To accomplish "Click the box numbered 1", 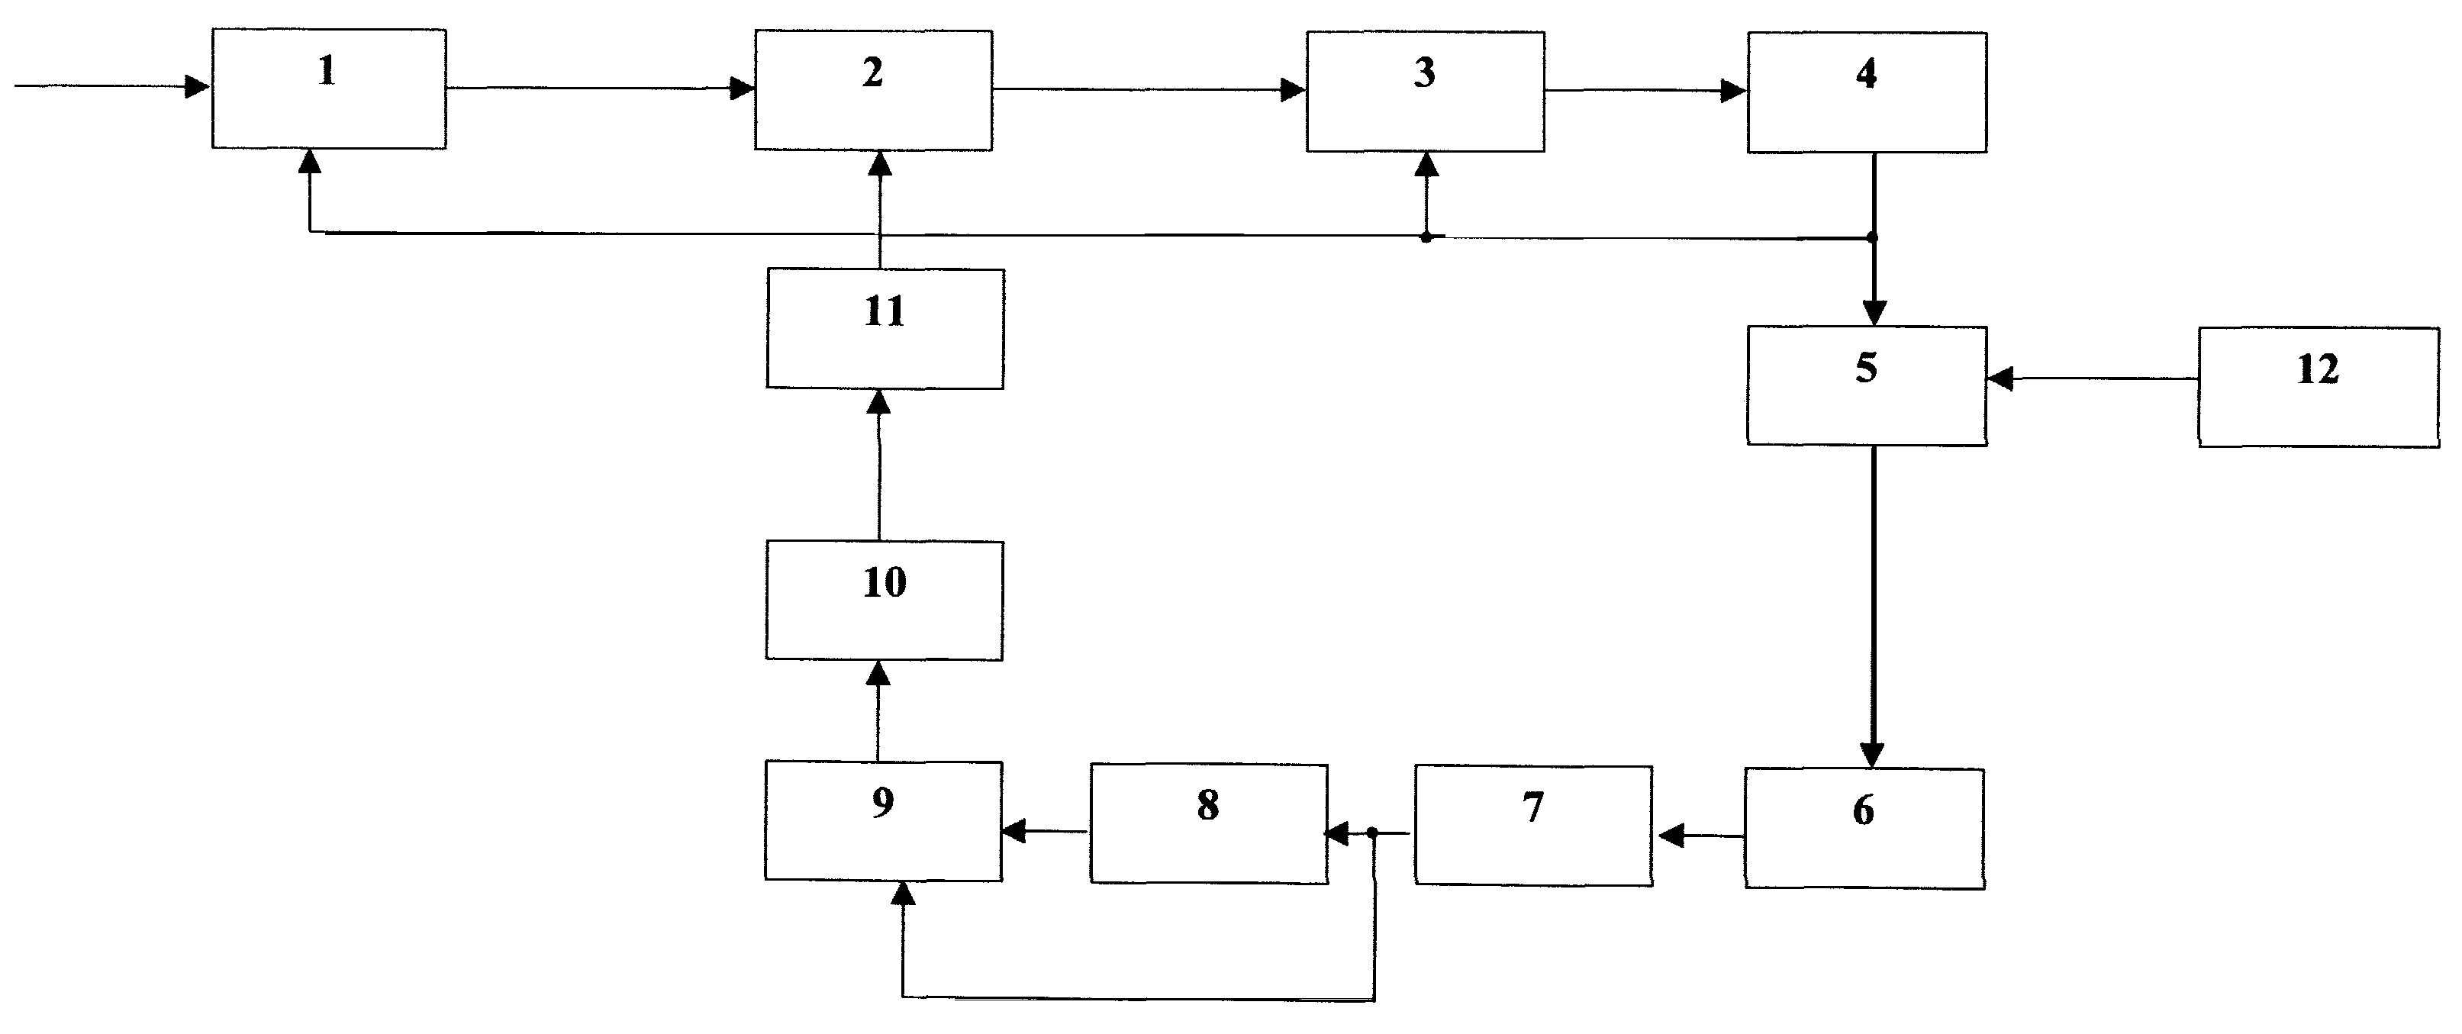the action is [329, 89].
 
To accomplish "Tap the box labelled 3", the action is [1426, 92].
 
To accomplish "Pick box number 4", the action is [1867, 92].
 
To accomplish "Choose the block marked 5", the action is [1867, 386].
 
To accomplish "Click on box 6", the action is [1864, 829].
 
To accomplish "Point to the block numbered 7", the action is [1534, 826].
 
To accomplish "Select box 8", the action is [1209, 823].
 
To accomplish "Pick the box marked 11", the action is [885, 329].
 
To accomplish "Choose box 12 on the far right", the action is [2319, 387].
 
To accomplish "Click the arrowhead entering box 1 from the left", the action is [198, 87].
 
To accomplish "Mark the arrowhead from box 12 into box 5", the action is [2000, 378].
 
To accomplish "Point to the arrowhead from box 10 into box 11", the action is [878, 401].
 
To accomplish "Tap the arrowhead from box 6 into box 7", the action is [1671, 837].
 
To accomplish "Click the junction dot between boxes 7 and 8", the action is [1372, 833].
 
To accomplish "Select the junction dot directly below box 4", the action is [1872, 237].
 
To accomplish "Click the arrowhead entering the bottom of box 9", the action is [902, 894].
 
